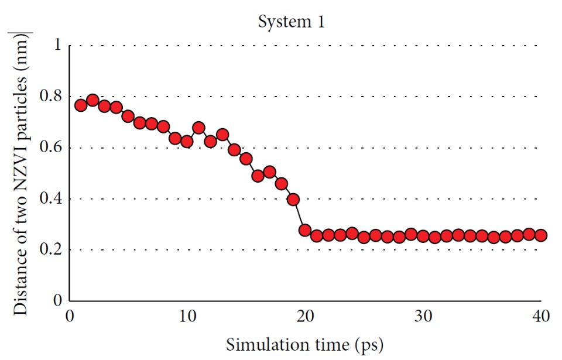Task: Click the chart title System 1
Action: coord(292,23)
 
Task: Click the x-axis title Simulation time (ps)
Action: coord(305,343)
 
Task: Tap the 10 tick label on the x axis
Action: coord(187,316)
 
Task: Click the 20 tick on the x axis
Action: coord(304,316)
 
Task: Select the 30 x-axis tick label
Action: coord(422,316)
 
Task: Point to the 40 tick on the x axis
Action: coord(540,316)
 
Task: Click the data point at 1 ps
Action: coord(81,105)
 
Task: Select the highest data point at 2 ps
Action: coord(92,100)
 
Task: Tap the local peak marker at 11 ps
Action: coord(198,128)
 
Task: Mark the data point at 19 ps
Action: coord(293,199)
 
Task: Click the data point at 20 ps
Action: coord(305,230)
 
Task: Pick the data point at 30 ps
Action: coord(423,236)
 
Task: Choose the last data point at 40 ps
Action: coord(540,235)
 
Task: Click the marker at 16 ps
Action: coord(258,176)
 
